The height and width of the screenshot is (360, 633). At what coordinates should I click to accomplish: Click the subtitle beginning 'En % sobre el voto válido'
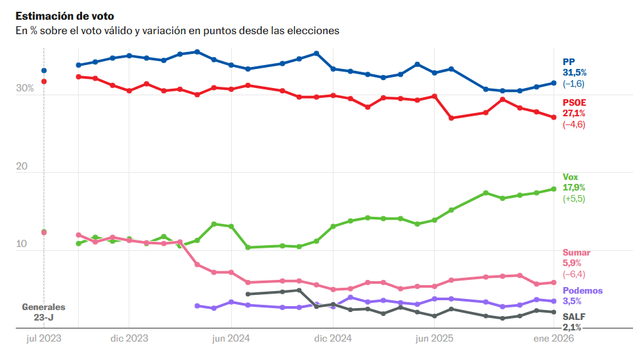(177, 31)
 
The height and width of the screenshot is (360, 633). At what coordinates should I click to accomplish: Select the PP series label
(569, 61)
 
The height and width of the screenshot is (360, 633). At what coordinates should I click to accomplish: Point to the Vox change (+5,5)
(573, 198)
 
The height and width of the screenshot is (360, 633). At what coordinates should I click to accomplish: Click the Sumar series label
(576, 253)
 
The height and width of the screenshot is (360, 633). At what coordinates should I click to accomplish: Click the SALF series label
(573, 316)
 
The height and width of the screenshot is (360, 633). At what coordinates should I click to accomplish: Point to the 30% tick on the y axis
(24, 89)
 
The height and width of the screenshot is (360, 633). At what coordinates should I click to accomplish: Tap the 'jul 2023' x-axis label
(44, 339)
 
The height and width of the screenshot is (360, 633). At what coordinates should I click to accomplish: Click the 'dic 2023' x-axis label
(129, 339)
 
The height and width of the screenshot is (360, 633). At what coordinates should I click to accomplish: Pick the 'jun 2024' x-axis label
(231, 339)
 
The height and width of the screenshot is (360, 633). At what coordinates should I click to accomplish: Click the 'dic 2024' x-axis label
(333, 339)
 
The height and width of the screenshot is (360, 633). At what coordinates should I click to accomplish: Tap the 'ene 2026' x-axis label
(554, 339)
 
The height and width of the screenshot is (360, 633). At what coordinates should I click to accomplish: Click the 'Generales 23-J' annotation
(44, 312)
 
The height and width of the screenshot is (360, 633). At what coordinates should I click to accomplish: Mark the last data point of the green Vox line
(554, 189)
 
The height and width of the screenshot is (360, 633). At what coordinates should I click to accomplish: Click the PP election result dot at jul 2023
(44, 70)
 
